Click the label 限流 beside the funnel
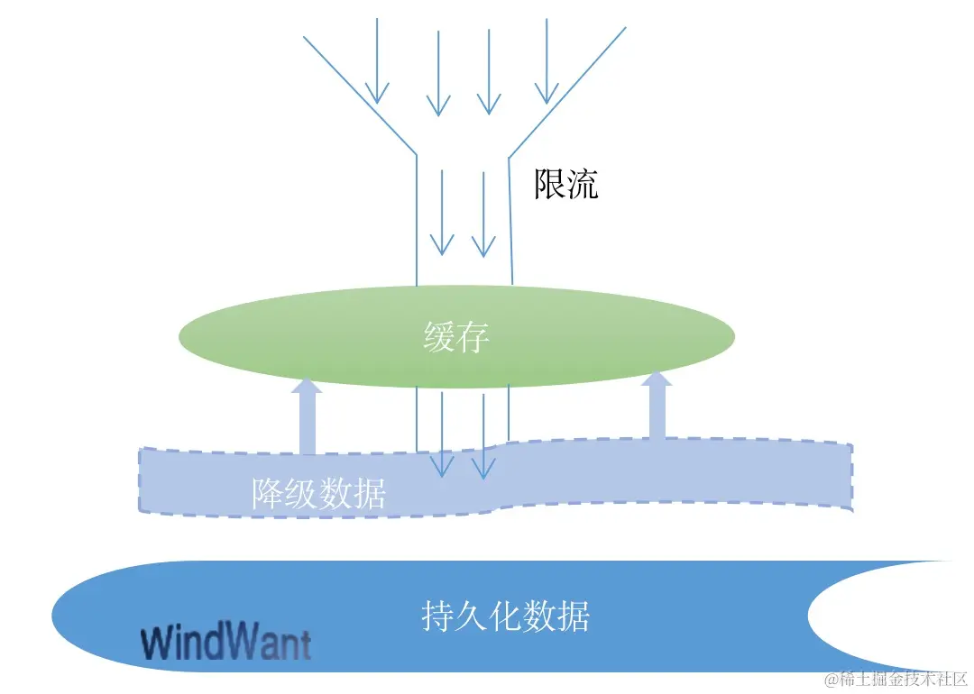(x=566, y=185)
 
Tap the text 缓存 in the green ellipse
(x=456, y=338)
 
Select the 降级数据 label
(x=319, y=494)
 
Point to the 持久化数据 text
(x=505, y=617)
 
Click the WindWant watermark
(x=226, y=644)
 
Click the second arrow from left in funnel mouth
(x=438, y=72)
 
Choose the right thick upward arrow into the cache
(x=657, y=406)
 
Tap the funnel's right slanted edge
(x=568, y=90)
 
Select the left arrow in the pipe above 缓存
(x=442, y=212)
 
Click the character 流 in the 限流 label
(x=582, y=185)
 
